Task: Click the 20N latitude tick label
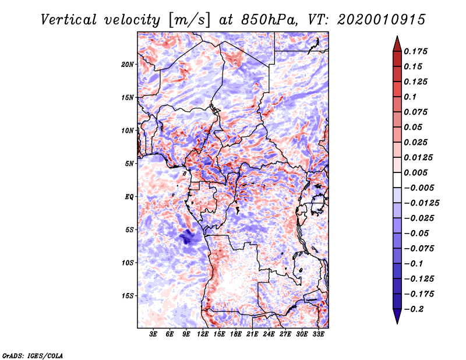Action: [x=128, y=64]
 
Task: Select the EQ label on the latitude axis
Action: [x=129, y=197]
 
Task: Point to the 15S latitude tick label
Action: [x=128, y=296]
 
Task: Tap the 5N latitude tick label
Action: [x=129, y=164]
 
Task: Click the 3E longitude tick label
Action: [x=154, y=334]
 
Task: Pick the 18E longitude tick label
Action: [x=236, y=334]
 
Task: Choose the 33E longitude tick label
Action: [x=318, y=334]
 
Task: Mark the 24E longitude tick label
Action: [x=269, y=334]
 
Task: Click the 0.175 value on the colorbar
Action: [x=417, y=51]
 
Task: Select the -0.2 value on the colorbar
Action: [x=416, y=308]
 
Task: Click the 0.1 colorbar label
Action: [x=411, y=97]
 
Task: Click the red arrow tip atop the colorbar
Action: [x=396, y=43]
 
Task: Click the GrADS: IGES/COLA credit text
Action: [x=32, y=355]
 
